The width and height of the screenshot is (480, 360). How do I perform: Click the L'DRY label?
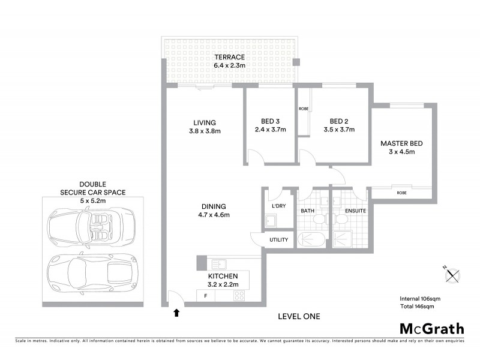click(278, 206)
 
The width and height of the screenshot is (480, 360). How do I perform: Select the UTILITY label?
click(279, 240)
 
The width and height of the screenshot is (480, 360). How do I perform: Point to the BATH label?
click(308, 211)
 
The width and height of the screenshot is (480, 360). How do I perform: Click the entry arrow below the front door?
click(176, 313)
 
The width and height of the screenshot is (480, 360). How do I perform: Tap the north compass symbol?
click(452, 275)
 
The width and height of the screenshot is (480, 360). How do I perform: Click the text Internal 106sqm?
click(420, 298)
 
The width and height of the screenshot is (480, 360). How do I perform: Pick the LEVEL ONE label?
click(299, 316)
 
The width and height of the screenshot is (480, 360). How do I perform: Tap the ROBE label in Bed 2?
click(303, 109)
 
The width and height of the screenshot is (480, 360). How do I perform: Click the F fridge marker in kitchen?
click(206, 296)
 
